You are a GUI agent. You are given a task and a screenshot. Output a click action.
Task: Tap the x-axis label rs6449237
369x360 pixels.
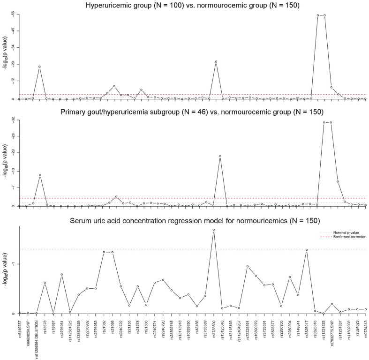pos(19,331)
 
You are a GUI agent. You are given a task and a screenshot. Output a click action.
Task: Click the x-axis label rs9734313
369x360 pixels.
pos(365,330)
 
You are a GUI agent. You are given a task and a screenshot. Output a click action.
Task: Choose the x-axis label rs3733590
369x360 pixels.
pos(213,331)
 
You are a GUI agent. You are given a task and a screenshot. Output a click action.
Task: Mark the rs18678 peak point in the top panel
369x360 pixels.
pos(40,67)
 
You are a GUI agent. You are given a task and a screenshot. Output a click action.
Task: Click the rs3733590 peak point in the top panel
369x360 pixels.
pos(216,61)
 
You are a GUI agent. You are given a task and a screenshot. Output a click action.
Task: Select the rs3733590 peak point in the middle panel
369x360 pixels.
pos(220,156)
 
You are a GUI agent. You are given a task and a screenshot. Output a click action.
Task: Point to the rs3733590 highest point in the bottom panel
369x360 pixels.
pos(213,230)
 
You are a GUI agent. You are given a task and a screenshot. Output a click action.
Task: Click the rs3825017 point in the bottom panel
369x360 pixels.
pos(306,250)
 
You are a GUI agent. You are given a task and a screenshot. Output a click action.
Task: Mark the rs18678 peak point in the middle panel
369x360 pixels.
pos(40,175)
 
